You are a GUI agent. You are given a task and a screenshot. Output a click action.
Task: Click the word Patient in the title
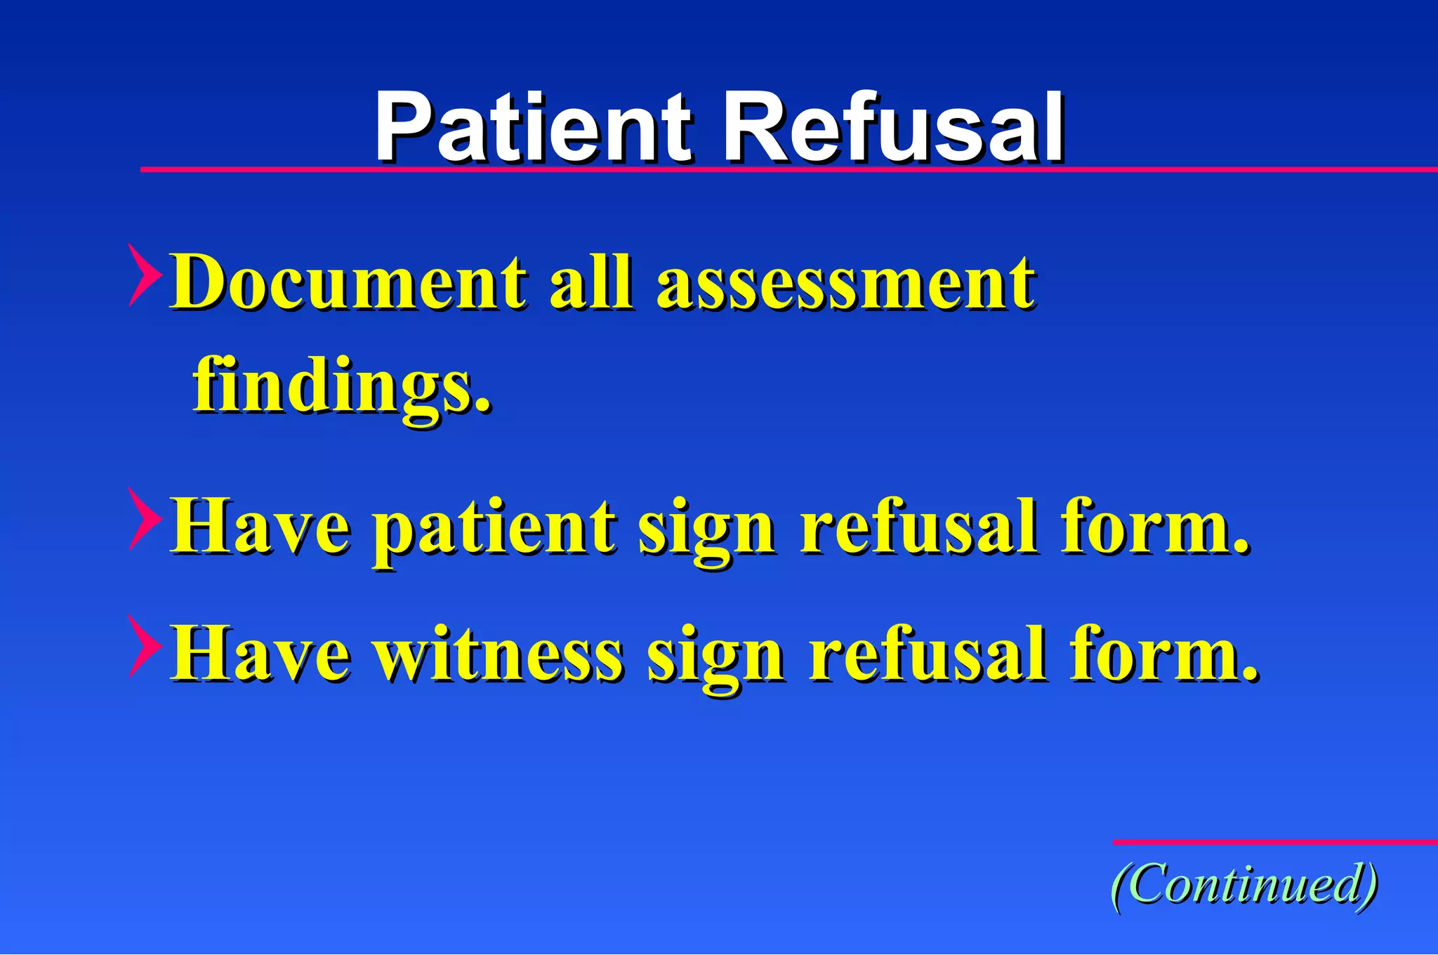pyautogui.click(x=534, y=128)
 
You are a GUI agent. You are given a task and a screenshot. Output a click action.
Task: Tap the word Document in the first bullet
pyautogui.click(x=348, y=282)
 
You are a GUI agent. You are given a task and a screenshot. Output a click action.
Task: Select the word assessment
pyautogui.click(x=845, y=282)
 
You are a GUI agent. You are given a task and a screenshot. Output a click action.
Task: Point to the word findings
pyautogui.click(x=342, y=386)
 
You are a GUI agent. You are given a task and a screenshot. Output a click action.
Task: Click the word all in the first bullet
pyautogui.click(x=591, y=282)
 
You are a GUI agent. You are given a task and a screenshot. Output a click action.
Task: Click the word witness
pyautogui.click(x=499, y=655)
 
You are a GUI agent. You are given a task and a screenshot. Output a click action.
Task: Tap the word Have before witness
pyautogui.click(x=260, y=655)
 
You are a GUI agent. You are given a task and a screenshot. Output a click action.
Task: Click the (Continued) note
pyautogui.click(x=1244, y=885)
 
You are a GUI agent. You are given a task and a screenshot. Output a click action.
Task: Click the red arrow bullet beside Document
pyautogui.click(x=144, y=275)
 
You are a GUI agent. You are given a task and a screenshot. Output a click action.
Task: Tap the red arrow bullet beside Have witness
pyautogui.click(x=144, y=646)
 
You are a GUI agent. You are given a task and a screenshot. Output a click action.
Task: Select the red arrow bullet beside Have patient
pyautogui.click(x=144, y=519)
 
